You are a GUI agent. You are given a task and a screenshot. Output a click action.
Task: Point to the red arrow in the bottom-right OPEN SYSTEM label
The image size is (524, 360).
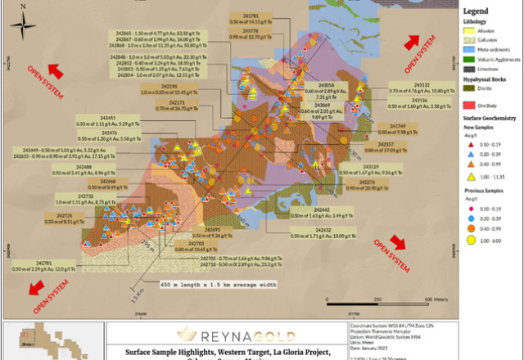click(399, 241)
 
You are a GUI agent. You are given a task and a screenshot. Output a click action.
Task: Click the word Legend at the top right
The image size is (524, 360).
click(477, 11)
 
